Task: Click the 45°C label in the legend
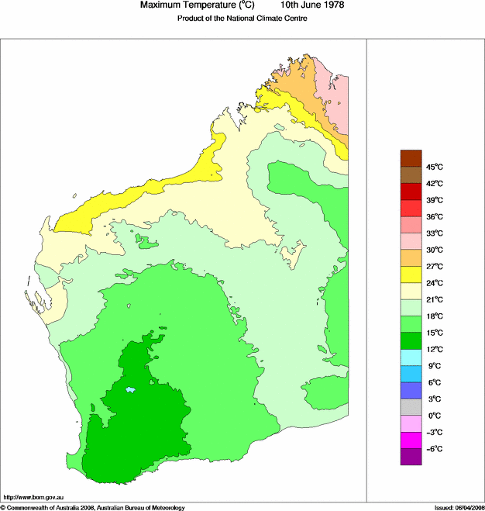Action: pyautogui.click(x=434, y=167)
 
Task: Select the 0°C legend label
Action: pyautogui.click(x=433, y=416)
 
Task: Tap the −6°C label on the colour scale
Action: pyautogui.click(x=433, y=449)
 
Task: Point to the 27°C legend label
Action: pyautogui.click(x=434, y=266)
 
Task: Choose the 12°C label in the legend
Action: pyautogui.click(x=434, y=349)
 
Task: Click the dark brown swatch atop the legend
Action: pyautogui.click(x=411, y=158)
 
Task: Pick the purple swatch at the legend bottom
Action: pyautogui.click(x=411, y=457)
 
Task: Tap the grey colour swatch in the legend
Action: pyautogui.click(x=411, y=407)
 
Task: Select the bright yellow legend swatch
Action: pyautogui.click(x=411, y=274)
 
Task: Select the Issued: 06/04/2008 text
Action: pyautogui.click(x=453, y=507)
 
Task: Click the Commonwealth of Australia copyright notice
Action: pyautogui.click(x=93, y=507)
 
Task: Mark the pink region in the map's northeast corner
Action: pyautogui.click(x=339, y=101)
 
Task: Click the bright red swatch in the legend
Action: pyautogui.click(x=411, y=208)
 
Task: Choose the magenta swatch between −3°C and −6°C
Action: pyautogui.click(x=411, y=440)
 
